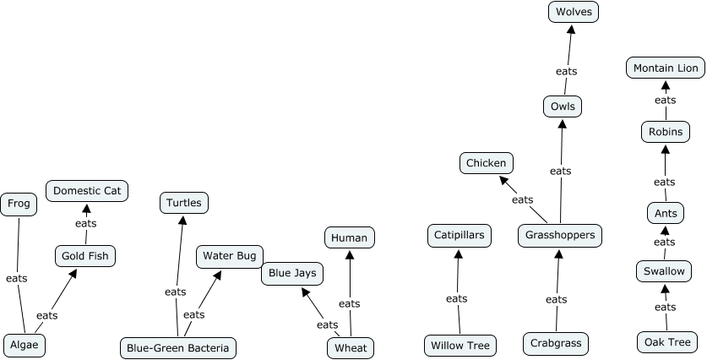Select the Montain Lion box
tap(666, 68)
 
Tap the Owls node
tap(563, 106)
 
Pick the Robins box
tap(666, 132)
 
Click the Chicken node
tap(487, 163)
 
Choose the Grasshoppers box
tap(560, 235)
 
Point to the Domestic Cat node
tap(87, 191)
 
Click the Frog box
tap(18, 204)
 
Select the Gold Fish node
tap(84, 255)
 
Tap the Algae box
tap(24, 345)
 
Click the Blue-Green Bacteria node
tap(177, 347)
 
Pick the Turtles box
tap(184, 203)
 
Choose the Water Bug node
tap(229, 255)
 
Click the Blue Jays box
tap(292, 273)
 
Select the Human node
tap(350, 237)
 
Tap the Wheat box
tap(351, 347)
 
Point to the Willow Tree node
tap(460, 345)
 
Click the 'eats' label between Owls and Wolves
tap(566, 71)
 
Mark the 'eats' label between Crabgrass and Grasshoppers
tap(557, 299)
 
